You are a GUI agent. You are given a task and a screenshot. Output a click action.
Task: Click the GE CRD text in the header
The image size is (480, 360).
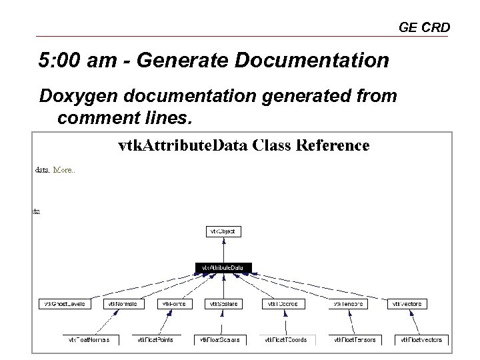424,27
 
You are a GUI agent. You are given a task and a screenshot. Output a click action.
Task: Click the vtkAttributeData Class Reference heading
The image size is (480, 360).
243,145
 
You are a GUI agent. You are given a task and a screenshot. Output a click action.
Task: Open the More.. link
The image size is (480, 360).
64,170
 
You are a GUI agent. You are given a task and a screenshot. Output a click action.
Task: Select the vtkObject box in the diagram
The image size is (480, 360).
223,231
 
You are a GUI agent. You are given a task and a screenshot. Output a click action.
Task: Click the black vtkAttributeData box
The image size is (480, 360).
223,268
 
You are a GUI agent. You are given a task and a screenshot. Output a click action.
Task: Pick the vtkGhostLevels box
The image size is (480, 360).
64,304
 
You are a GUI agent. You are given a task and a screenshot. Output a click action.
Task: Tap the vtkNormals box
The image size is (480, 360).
123,304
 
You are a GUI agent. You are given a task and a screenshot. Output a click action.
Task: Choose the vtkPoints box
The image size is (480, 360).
174,304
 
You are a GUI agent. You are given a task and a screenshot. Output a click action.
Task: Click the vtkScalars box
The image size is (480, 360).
223,304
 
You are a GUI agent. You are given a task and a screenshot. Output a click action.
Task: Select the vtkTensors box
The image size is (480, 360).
349,304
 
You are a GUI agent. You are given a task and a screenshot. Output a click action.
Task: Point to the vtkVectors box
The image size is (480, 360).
407,304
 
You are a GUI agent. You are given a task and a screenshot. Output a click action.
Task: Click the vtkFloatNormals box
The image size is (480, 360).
91,339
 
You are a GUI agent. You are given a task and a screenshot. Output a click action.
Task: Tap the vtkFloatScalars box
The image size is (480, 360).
221,339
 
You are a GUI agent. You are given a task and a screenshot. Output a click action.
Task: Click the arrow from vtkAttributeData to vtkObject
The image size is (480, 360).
223,250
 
